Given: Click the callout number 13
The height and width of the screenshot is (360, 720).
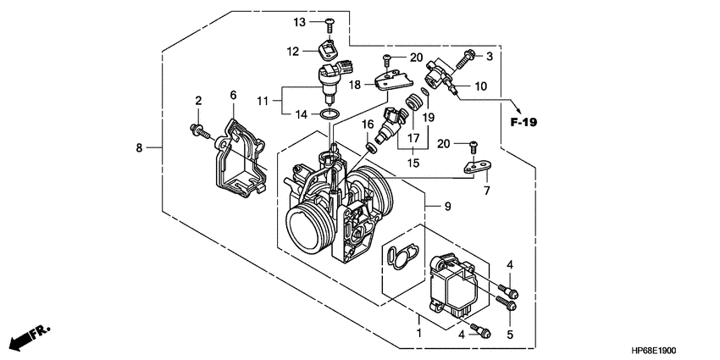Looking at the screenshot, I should [299, 21].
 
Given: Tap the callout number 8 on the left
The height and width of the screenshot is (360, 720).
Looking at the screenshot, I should [139, 148].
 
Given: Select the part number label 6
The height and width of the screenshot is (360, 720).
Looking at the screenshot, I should [232, 97].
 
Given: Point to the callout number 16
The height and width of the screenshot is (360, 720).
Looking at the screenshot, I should [369, 125].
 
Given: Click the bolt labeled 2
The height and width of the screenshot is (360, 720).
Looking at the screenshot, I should [198, 130].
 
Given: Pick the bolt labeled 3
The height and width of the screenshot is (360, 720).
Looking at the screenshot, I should [465, 58].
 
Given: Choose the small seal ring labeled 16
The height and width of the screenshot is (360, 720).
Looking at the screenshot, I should [371, 147].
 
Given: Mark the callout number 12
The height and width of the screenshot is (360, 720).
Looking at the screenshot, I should [292, 52].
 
